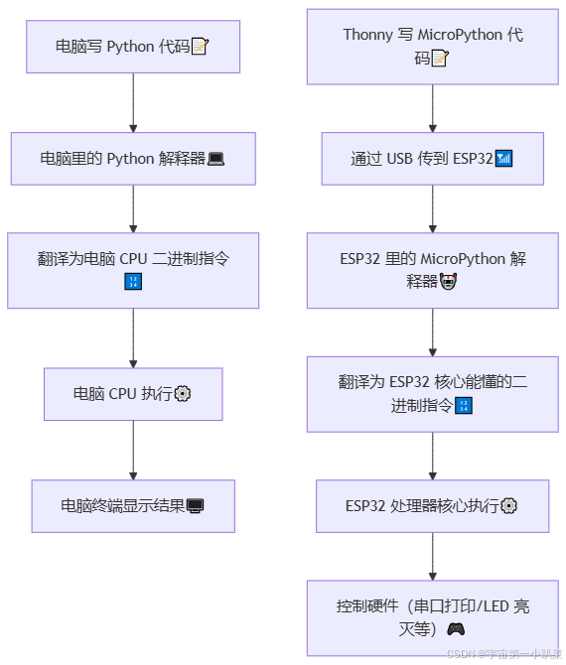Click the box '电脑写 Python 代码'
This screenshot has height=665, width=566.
click(133, 47)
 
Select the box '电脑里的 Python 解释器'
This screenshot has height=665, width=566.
click(133, 159)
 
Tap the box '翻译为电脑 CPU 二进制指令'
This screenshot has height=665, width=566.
click(133, 270)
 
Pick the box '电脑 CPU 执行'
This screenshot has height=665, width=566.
click(133, 394)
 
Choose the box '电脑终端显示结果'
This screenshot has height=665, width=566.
click(133, 506)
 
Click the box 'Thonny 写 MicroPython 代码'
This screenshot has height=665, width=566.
click(432, 47)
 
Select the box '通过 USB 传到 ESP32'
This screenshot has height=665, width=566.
click(432, 159)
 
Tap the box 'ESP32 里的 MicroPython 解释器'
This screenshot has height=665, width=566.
click(432, 270)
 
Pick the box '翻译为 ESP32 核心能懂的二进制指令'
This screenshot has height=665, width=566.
click(432, 394)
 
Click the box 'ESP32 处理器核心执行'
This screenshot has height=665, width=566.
click(432, 506)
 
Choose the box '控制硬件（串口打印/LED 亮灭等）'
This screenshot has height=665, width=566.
click(432, 617)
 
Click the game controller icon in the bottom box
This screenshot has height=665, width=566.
click(456, 628)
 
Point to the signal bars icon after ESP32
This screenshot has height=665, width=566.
click(503, 159)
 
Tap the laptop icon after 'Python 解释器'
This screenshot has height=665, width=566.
click(215, 159)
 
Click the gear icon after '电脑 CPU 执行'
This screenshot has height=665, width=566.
click(183, 394)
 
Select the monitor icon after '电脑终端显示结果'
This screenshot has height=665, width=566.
click(196, 506)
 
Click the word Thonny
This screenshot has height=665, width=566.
click(367, 35)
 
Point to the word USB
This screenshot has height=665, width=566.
click(399, 159)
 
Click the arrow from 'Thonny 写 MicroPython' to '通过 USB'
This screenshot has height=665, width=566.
click(432, 108)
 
